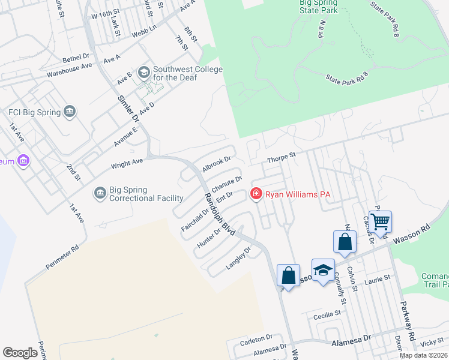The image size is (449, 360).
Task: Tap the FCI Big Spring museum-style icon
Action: (x=70, y=112)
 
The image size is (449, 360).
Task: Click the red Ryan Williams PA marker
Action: (x=256, y=194)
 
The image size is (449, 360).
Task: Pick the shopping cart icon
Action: (x=381, y=221)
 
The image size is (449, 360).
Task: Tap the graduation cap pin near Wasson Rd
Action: (x=323, y=269)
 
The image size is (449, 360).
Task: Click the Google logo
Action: (x=20, y=353)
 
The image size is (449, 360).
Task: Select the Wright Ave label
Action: (x=127, y=163)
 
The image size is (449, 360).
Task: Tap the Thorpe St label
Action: (x=282, y=156)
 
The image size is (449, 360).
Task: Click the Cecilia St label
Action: (x=327, y=313)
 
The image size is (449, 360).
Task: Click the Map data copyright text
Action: (x=423, y=355)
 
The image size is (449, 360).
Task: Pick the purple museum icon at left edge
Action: (x=23, y=161)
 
